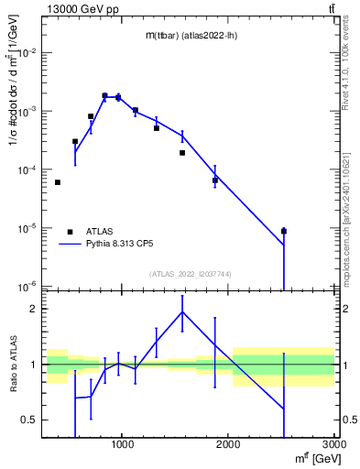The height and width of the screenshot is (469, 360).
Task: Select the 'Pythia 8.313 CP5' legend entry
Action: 125,245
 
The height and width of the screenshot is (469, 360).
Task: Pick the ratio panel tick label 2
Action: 36,309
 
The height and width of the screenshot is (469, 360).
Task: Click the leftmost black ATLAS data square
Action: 58,182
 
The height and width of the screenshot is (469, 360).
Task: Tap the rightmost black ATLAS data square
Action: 284,231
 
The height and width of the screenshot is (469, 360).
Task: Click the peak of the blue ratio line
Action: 182,311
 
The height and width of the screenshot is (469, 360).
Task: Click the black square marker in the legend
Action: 71,232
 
